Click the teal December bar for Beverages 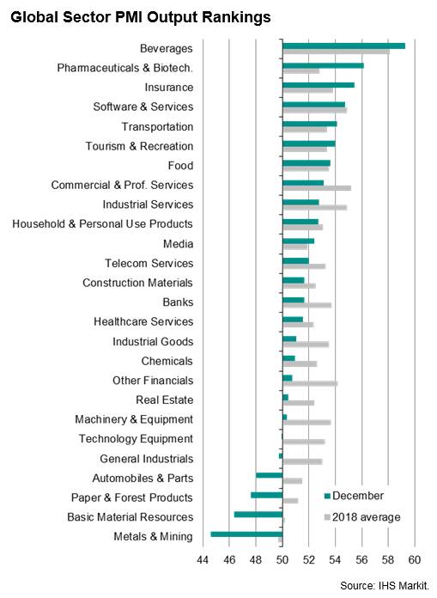(x=343, y=46)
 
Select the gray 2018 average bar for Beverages (x=336, y=52)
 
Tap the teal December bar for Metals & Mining (x=246, y=534)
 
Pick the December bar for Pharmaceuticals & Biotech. (x=323, y=65)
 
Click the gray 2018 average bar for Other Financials (x=310, y=383)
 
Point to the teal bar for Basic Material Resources (x=258, y=515)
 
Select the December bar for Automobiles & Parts (x=270, y=475)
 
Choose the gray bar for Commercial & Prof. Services (x=317, y=188)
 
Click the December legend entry (x=354, y=496)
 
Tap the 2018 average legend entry (x=362, y=517)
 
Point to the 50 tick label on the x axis (x=282, y=560)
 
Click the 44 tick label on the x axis (x=203, y=560)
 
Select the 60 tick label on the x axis (x=415, y=560)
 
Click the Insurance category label (x=169, y=88)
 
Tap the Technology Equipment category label (x=136, y=439)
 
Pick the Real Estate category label (x=165, y=400)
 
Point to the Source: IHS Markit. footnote (x=385, y=585)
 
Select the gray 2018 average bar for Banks (x=307, y=305)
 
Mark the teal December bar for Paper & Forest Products (x=267, y=495)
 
